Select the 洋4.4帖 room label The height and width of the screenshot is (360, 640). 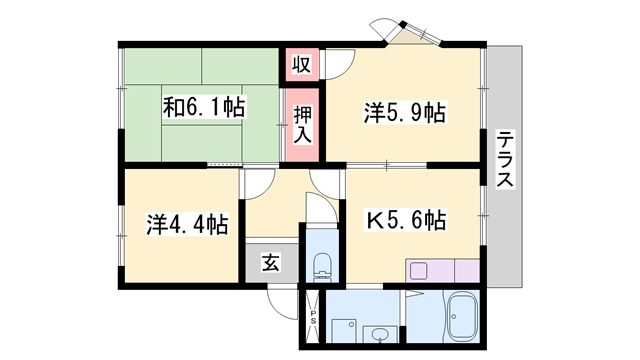[187, 222]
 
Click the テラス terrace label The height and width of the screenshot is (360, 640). [506, 160]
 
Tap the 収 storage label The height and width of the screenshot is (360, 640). [300, 66]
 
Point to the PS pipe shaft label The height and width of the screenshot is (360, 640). [311, 320]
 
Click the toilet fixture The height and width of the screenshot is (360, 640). [322, 266]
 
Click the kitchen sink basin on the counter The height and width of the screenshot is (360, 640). [418, 269]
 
